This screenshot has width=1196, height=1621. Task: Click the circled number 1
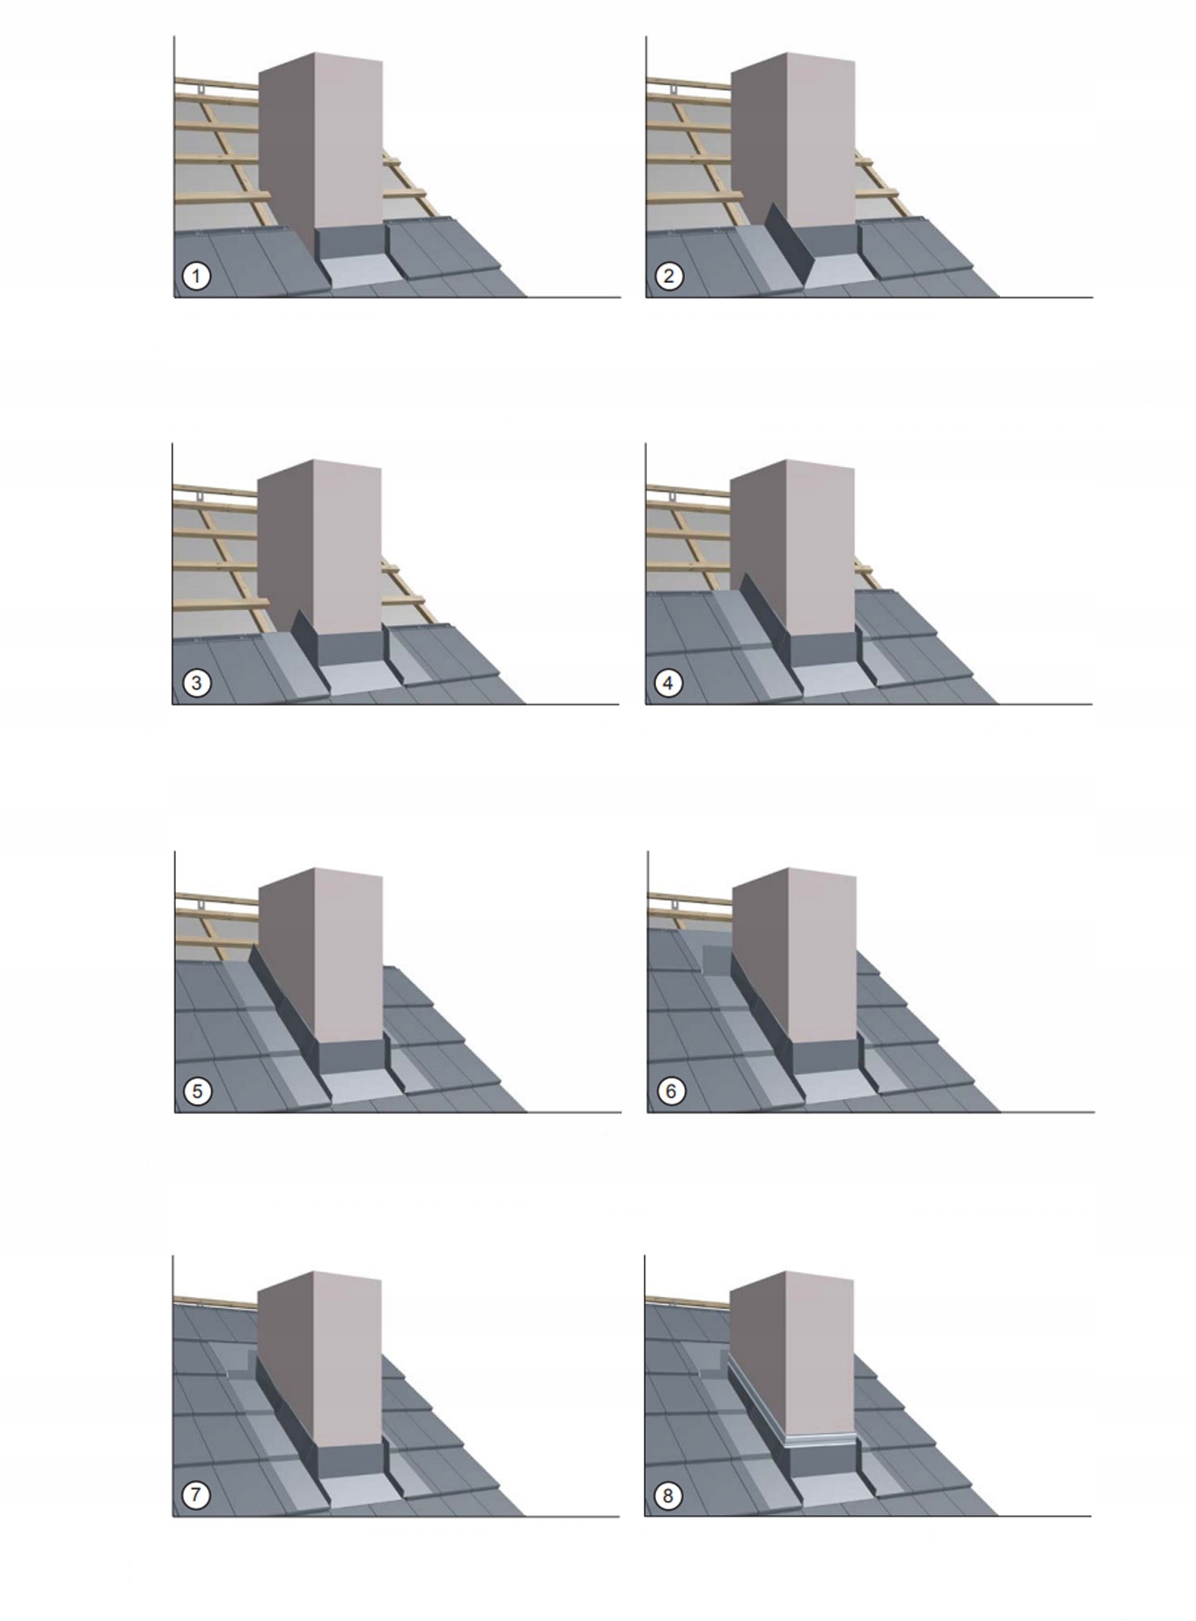(195, 276)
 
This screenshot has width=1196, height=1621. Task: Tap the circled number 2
(668, 276)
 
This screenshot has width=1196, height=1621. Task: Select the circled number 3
(195, 683)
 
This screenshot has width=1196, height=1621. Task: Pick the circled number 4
(668, 683)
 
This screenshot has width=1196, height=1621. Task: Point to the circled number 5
(197, 1091)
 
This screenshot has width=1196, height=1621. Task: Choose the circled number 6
(670, 1091)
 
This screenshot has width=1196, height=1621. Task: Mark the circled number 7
(195, 1495)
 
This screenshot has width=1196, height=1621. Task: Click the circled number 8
(668, 1495)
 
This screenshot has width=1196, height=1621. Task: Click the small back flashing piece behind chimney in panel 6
(715, 956)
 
